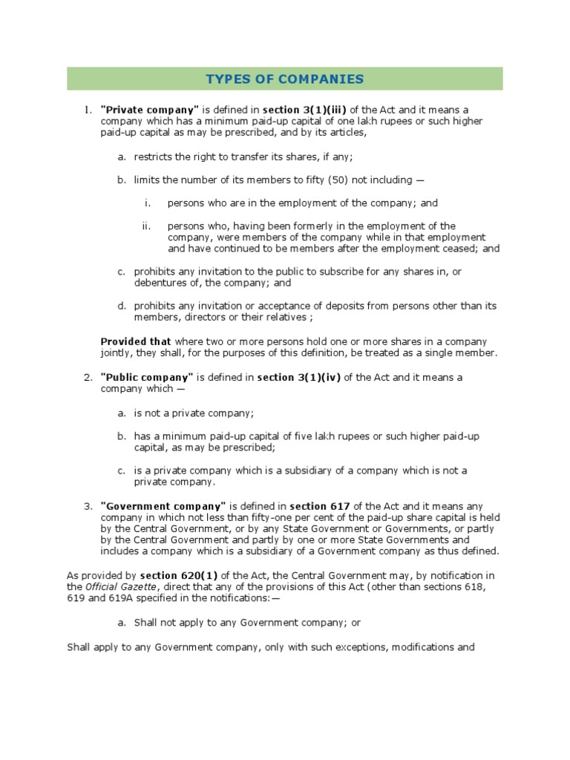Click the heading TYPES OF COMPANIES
(284, 79)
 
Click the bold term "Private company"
(141, 111)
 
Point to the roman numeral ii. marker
(146, 226)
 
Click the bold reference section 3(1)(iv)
(299, 377)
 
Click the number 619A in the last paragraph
(78, 598)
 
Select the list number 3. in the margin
(87, 506)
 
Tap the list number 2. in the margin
(87, 377)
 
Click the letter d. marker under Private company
(122, 306)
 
